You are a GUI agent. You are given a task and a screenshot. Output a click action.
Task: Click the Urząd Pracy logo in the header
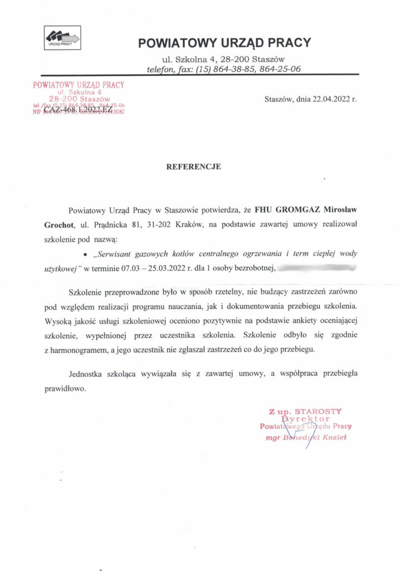click(62, 37)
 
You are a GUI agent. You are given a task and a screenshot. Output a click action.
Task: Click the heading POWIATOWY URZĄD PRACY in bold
click(224, 43)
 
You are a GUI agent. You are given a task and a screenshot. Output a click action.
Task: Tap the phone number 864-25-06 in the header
click(280, 69)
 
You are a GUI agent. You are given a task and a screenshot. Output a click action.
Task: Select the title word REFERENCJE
click(194, 166)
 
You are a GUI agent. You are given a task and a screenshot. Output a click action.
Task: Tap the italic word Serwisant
click(118, 254)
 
